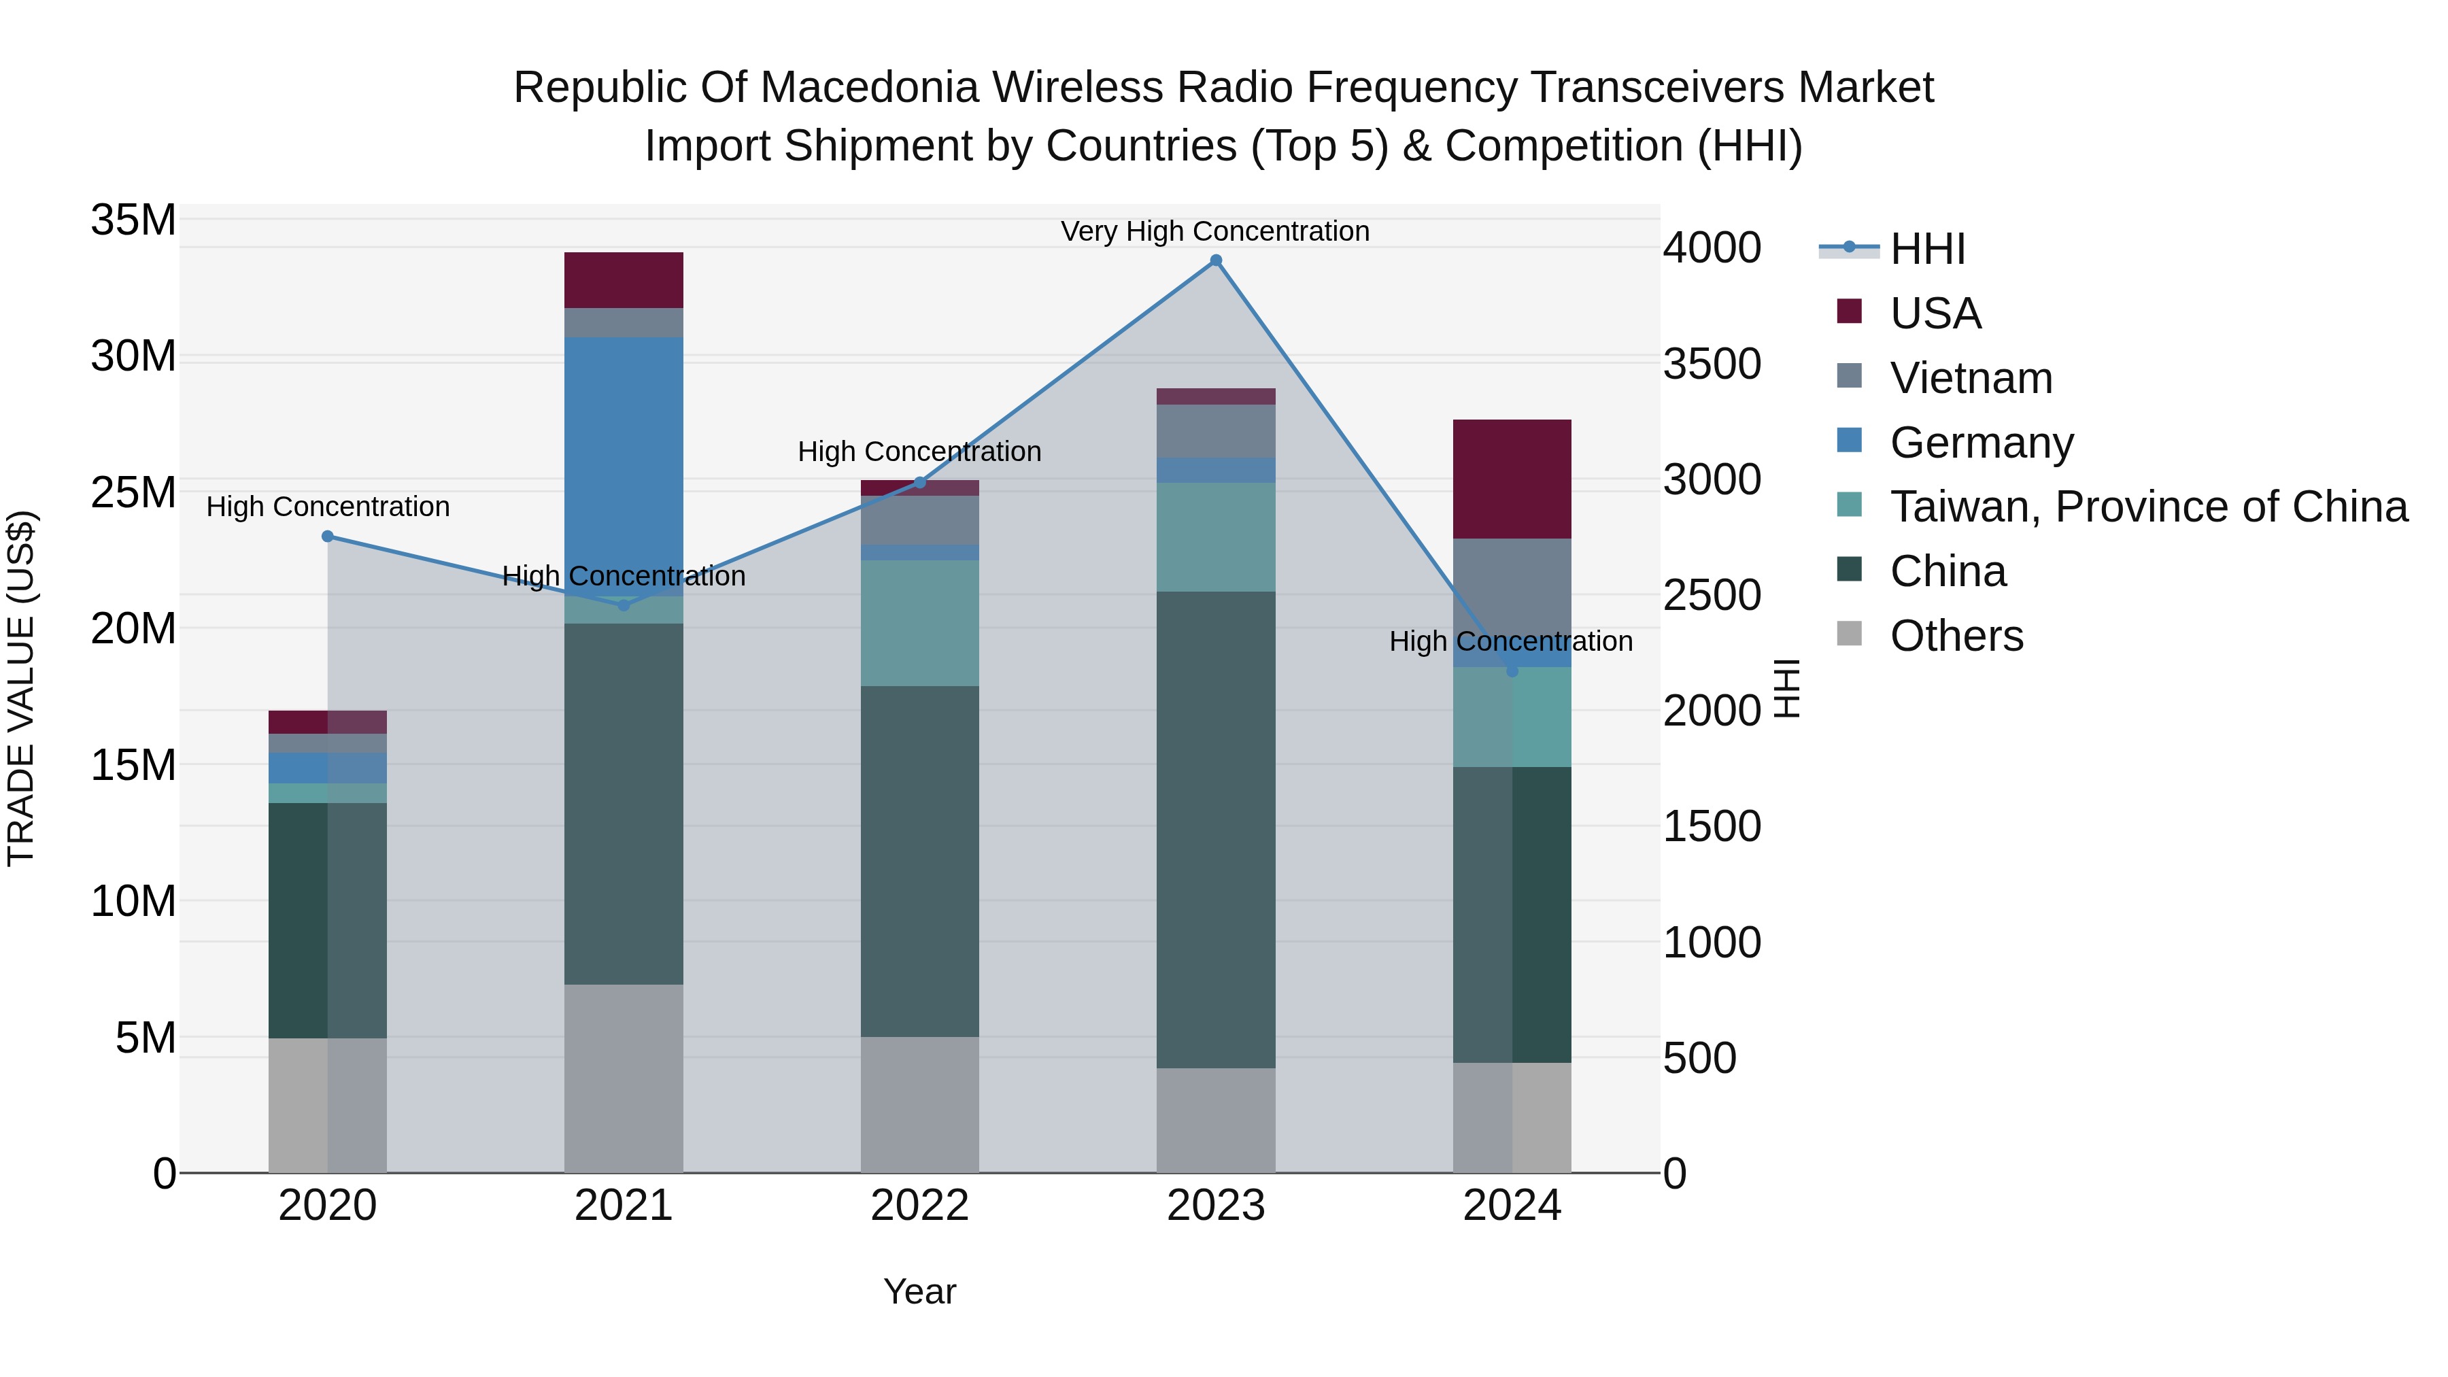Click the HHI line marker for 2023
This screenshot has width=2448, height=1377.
pyautogui.click(x=1215, y=260)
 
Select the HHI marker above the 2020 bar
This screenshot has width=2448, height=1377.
pyautogui.click(x=328, y=536)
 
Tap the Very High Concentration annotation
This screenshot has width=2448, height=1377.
pyautogui.click(x=1214, y=232)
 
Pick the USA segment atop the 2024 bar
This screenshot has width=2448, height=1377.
pyautogui.click(x=1512, y=479)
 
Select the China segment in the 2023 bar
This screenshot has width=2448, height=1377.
pyautogui.click(x=1215, y=829)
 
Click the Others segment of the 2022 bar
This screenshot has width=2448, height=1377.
pyautogui.click(x=920, y=1104)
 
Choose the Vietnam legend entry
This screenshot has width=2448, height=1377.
pyautogui.click(x=1970, y=378)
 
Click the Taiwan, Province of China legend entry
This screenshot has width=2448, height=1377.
pyautogui.click(x=2147, y=507)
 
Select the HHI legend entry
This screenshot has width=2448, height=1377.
pyautogui.click(x=1926, y=249)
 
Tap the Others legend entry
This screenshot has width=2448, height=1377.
pyautogui.click(x=1956, y=636)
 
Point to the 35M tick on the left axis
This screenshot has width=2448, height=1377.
pyautogui.click(x=133, y=220)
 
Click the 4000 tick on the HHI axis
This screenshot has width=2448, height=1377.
pyautogui.click(x=1712, y=248)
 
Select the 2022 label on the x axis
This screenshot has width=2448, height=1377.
pyautogui.click(x=920, y=1206)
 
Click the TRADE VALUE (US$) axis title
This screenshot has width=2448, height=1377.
pyautogui.click(x=22, y=688)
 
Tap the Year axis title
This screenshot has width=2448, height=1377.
pyautogui.click(x=920, y=1291)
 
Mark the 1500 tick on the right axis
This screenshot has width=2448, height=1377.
pyautogui.click(x=1712, y=827)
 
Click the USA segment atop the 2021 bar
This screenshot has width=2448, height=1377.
pyautogui.click(x=624, y=280)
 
